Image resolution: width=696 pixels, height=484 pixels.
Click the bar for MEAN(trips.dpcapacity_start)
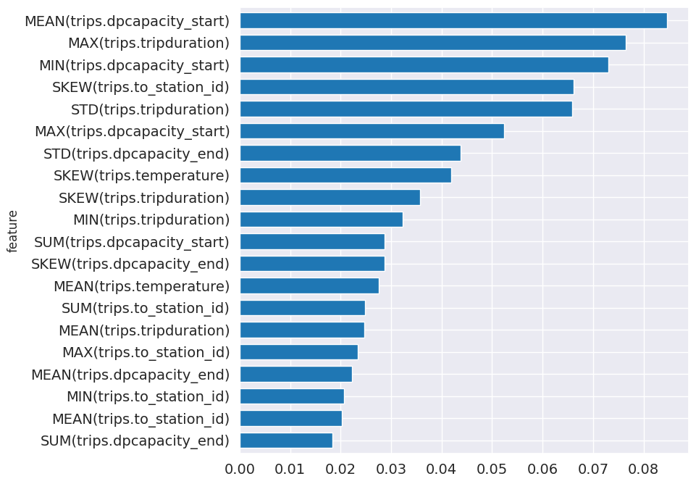tap(453, 21)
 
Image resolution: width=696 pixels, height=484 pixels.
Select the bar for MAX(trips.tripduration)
tap(432, 43)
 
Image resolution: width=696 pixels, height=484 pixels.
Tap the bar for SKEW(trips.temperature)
tap(345, 175)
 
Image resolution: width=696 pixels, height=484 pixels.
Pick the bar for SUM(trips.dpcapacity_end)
tap(285, 441)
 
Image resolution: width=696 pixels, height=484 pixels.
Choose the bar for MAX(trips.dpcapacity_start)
tap(372, 131)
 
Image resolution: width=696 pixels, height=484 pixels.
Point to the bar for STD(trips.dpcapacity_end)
tap(350, 154)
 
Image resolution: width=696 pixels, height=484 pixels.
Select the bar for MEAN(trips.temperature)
tap(309, 286)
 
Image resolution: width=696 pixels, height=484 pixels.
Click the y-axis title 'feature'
tap(12, 231)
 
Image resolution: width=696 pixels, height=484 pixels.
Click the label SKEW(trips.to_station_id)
tap(141, 87)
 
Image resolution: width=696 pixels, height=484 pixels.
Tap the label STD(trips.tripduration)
tap(150, 109)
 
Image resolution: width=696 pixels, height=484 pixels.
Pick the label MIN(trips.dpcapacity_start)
tap(134, 65)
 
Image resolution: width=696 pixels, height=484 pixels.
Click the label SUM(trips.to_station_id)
tap(145, 308)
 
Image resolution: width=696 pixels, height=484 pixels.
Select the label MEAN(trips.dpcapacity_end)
tap(130, 375)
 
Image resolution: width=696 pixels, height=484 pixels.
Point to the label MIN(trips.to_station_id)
tap(148, 396)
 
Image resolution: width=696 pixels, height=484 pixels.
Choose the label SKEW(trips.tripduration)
tap(143, 198)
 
